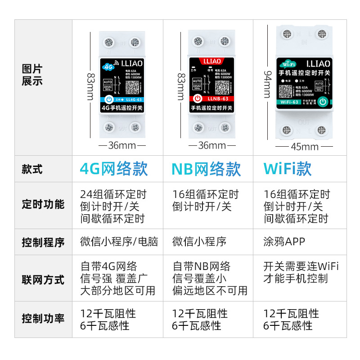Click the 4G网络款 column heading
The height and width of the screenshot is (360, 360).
point(113,169)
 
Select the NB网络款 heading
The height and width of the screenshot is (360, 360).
point(206,169)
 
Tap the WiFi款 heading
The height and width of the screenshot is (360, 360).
point(288,168)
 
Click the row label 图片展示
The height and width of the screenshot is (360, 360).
point(32,75)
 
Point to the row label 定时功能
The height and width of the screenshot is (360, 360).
point(43,204)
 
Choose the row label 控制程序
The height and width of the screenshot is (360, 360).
point(43,243)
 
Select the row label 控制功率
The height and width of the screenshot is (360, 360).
point(43,319)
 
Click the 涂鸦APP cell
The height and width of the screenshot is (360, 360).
point(284,242)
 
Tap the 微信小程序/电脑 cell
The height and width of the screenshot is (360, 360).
point(119,242)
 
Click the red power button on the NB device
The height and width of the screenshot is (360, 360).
point(197,99)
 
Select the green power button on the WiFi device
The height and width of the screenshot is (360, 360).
point(323,102)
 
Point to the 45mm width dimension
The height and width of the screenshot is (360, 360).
point(305,147)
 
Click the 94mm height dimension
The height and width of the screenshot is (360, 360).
point(267,84)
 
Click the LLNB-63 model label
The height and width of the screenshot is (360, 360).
point(218,99)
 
